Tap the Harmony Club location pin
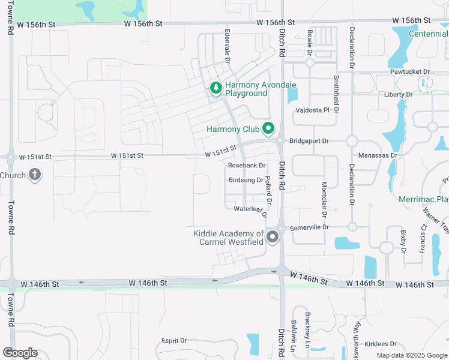coord(268,129)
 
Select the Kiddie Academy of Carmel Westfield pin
coord(273,237)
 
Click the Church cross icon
coord(35,176)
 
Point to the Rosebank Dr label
coord(247,165)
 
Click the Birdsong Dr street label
coord(246,180)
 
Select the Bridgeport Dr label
coord(309,141)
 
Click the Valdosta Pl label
coord(313,110)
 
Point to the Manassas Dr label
coord(378,155)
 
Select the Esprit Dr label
coord(174,341)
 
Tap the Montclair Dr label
coord(324,199)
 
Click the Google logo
coord(20,353)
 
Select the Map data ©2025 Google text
coord(412,355)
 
